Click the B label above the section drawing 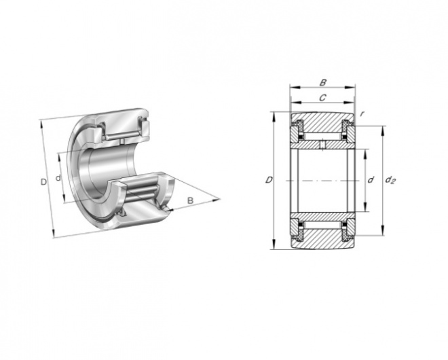pos(322,83)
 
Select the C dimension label pos(322,98)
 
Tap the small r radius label pos(362,114)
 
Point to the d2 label pos(390,180)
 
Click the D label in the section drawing pos(269,180)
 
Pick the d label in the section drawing pos(371,180)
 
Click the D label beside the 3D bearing pos(43,182)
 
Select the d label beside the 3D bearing pos(58,178)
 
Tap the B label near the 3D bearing pos(190,200)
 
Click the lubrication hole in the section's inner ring pos(322,145)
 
